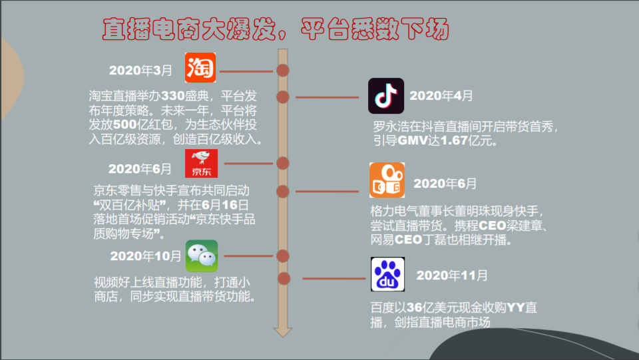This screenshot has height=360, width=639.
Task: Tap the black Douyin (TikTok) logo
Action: pos(386,96)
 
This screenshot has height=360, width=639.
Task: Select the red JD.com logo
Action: pos(201,164)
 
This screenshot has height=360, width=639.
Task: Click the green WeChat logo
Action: pos(201,256)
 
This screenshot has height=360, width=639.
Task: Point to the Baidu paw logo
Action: pos(387,275)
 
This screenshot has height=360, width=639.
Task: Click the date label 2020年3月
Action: pos(140,70)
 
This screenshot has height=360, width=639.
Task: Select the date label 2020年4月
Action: pos(441,96)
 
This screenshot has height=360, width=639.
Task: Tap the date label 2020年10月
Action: pos(146,256)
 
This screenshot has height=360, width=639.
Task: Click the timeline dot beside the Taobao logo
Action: pos(283,70)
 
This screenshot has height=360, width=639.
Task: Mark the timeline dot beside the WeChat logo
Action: pos(283,256)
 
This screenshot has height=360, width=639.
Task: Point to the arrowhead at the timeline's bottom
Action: pos(283,331)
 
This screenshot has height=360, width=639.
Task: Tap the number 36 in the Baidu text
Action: pos(415,307)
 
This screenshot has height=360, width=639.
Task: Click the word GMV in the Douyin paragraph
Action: pos(411,140)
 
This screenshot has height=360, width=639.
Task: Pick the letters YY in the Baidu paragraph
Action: pos(517,307)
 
